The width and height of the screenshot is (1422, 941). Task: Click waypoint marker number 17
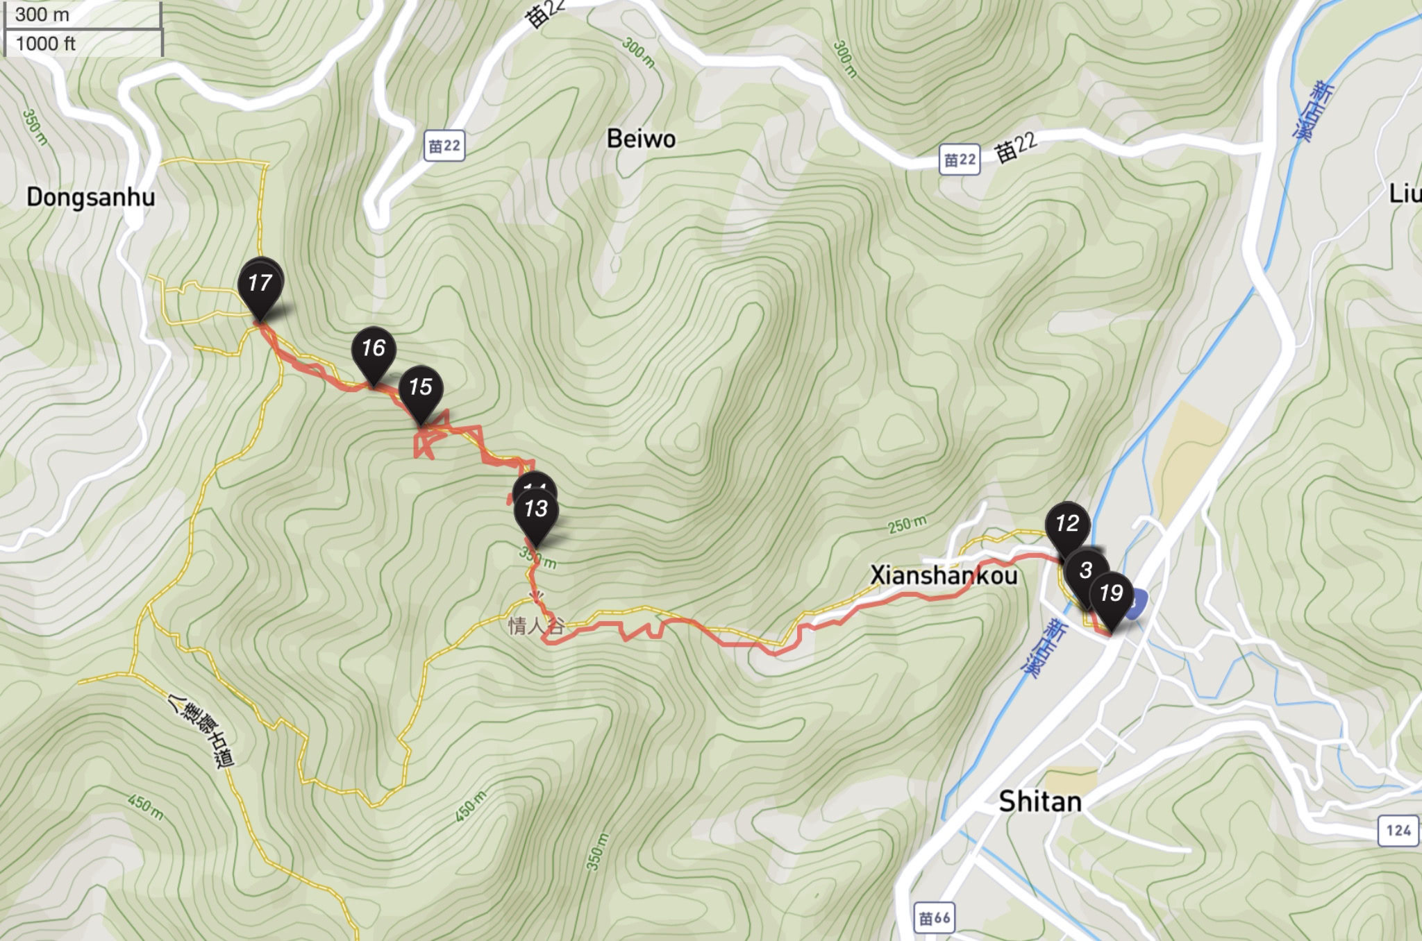click(x=260, y=285)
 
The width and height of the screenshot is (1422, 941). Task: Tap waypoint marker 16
click(x=374, y=349)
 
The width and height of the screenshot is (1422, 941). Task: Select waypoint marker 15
click(x=421, y=388)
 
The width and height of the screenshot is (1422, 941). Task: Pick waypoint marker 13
click(x=535, y=510)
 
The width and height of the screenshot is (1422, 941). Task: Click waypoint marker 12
click(x=1066, y=524)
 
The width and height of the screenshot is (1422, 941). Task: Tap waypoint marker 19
click(x=1111, y=594)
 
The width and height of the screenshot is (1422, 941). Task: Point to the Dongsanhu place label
click(x=91, y=198)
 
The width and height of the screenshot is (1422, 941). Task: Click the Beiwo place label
click(x=641, y=139)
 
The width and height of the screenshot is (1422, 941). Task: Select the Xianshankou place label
click(x=944, y=576)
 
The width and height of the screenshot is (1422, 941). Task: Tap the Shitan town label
click(x=1040, y=802)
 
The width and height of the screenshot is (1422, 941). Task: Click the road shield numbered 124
click(x=1398, y=831)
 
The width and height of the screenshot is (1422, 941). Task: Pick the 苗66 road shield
click(x=934, y=918)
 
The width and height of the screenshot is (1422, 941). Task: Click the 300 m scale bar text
click(x=42, y=15)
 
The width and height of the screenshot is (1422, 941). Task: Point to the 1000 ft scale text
click(x=46, y=44)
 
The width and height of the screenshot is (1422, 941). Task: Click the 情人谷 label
click(x=535, y=626)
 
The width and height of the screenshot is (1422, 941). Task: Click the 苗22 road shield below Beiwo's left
click(x=444, y=146)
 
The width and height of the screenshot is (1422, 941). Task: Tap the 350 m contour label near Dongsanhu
click(x=35, y=127)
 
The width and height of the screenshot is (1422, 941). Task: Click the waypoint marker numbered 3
click(x=1085, y=570)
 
